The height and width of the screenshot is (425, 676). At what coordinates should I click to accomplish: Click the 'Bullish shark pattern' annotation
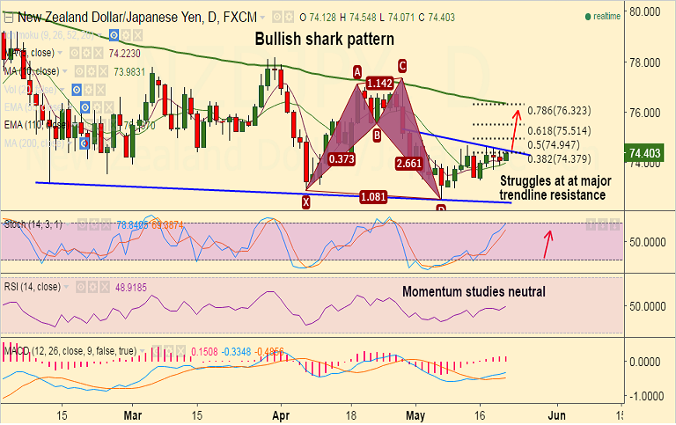(324, 40)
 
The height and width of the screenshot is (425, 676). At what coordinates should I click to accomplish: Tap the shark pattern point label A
(357, 71)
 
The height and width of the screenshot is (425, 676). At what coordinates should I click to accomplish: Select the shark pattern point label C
(401, 65)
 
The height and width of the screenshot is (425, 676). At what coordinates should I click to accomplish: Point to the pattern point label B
(376, 135)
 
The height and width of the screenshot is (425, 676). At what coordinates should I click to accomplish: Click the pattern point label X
(306, 202)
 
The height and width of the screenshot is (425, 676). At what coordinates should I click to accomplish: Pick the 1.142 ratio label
(379, 84)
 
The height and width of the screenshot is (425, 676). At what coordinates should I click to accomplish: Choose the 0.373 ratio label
(342, 159)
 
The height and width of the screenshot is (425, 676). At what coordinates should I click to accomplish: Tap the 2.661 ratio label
(409, 163)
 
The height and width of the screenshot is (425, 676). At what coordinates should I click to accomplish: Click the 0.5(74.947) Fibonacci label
(561, 144)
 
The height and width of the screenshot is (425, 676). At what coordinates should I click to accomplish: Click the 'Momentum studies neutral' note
(474, 292)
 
